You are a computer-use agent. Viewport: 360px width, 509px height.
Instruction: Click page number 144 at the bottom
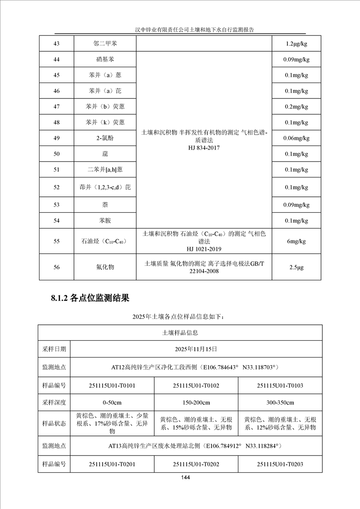tap(185, 477)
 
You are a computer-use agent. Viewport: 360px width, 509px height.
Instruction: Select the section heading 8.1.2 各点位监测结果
tap(90, 298)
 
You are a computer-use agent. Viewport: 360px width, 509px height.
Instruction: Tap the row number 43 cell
tap(56, 44)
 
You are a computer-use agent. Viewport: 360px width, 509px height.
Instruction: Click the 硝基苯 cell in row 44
tap(105, 59)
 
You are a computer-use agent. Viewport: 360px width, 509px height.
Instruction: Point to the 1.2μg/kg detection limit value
tap(296, 44)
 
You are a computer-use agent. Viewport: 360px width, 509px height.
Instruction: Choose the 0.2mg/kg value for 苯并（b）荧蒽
tap(296, 107)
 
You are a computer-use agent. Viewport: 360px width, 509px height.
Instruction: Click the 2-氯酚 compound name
tap(105, 138)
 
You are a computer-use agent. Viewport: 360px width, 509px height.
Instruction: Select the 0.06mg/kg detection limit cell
tap(296, 138)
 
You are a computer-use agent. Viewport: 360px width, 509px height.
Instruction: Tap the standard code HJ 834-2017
tap(203, 148)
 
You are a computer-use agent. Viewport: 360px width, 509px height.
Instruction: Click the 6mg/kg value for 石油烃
tap(296, 241)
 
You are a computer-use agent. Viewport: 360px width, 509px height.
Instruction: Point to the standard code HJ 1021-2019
tap(203, 249)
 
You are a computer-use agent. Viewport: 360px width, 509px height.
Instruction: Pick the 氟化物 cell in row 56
tap(105, 267)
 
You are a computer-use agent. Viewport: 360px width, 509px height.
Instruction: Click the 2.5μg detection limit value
tap(296, 267)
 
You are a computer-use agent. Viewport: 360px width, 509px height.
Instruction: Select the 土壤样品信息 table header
tap(180, 333)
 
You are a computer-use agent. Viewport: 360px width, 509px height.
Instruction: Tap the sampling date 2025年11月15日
tap(196, 349)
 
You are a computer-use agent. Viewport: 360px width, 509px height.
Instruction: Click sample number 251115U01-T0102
tap(196, 386)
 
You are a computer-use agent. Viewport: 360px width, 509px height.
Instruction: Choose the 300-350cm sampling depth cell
tap(280, 402)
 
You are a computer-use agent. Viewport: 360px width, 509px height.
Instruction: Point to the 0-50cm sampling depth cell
tap(112, 402)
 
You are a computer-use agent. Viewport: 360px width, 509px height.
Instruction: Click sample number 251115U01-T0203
tap(280, 464)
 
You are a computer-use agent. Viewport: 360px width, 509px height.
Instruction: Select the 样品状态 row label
tap(54, 424)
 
